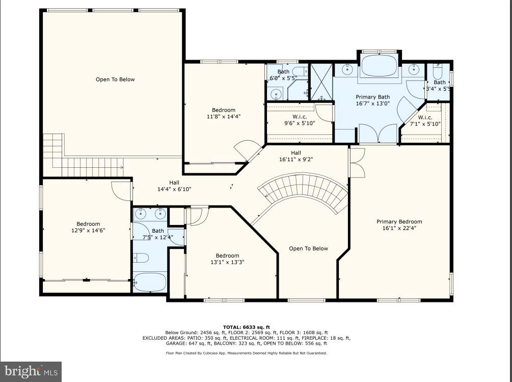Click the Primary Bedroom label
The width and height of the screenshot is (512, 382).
399,225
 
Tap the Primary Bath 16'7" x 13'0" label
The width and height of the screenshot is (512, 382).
372,100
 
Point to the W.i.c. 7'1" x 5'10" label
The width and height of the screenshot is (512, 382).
425,120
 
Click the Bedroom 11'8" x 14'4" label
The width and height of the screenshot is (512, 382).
224,113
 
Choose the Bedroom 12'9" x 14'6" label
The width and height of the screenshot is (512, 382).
88,227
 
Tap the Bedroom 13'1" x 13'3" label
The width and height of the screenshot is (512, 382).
227,259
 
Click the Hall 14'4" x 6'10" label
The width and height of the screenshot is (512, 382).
174,185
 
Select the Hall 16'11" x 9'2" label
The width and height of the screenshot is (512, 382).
295,156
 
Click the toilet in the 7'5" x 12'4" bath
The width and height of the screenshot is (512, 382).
141,258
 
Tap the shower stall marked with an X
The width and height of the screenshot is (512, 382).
321,82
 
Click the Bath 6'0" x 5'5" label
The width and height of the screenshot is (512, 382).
283,74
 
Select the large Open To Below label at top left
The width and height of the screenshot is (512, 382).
115,80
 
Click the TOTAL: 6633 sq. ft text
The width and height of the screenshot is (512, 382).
246,327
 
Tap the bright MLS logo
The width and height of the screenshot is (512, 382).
31,371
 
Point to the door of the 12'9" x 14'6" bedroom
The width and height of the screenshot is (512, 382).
122,190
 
